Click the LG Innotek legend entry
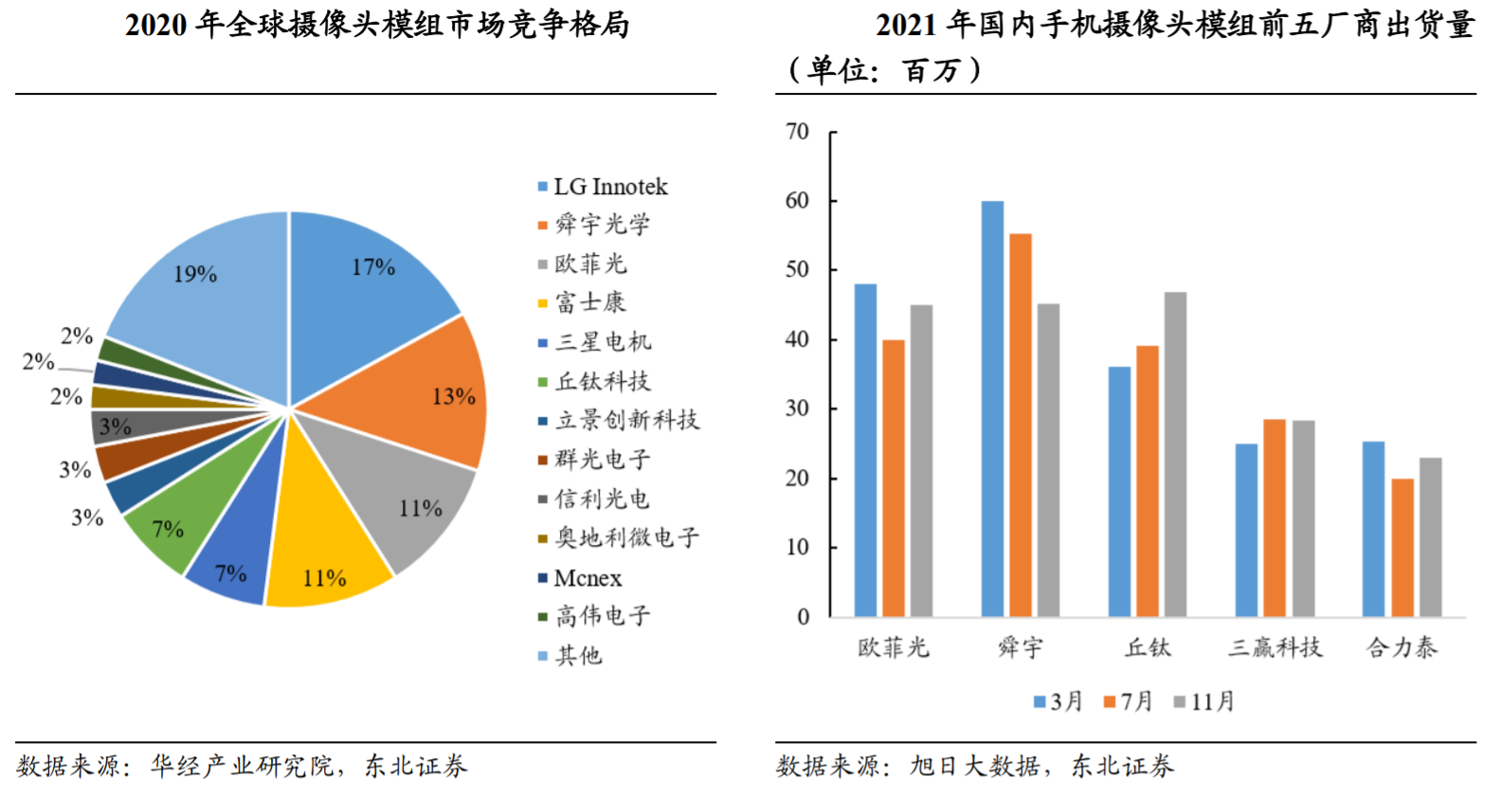point(610,187)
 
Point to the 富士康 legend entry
point(590,303)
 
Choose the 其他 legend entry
point(578,656)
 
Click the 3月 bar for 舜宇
point(992,407)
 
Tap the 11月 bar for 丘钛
point(1175,455)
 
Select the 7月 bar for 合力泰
point(1402,548)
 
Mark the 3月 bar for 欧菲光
point(865,450)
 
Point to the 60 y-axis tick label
point(797,201)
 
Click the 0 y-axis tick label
point(804,618)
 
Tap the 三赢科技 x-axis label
point(1274,648)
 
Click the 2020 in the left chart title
point(156,26)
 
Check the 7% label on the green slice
point(168,529)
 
